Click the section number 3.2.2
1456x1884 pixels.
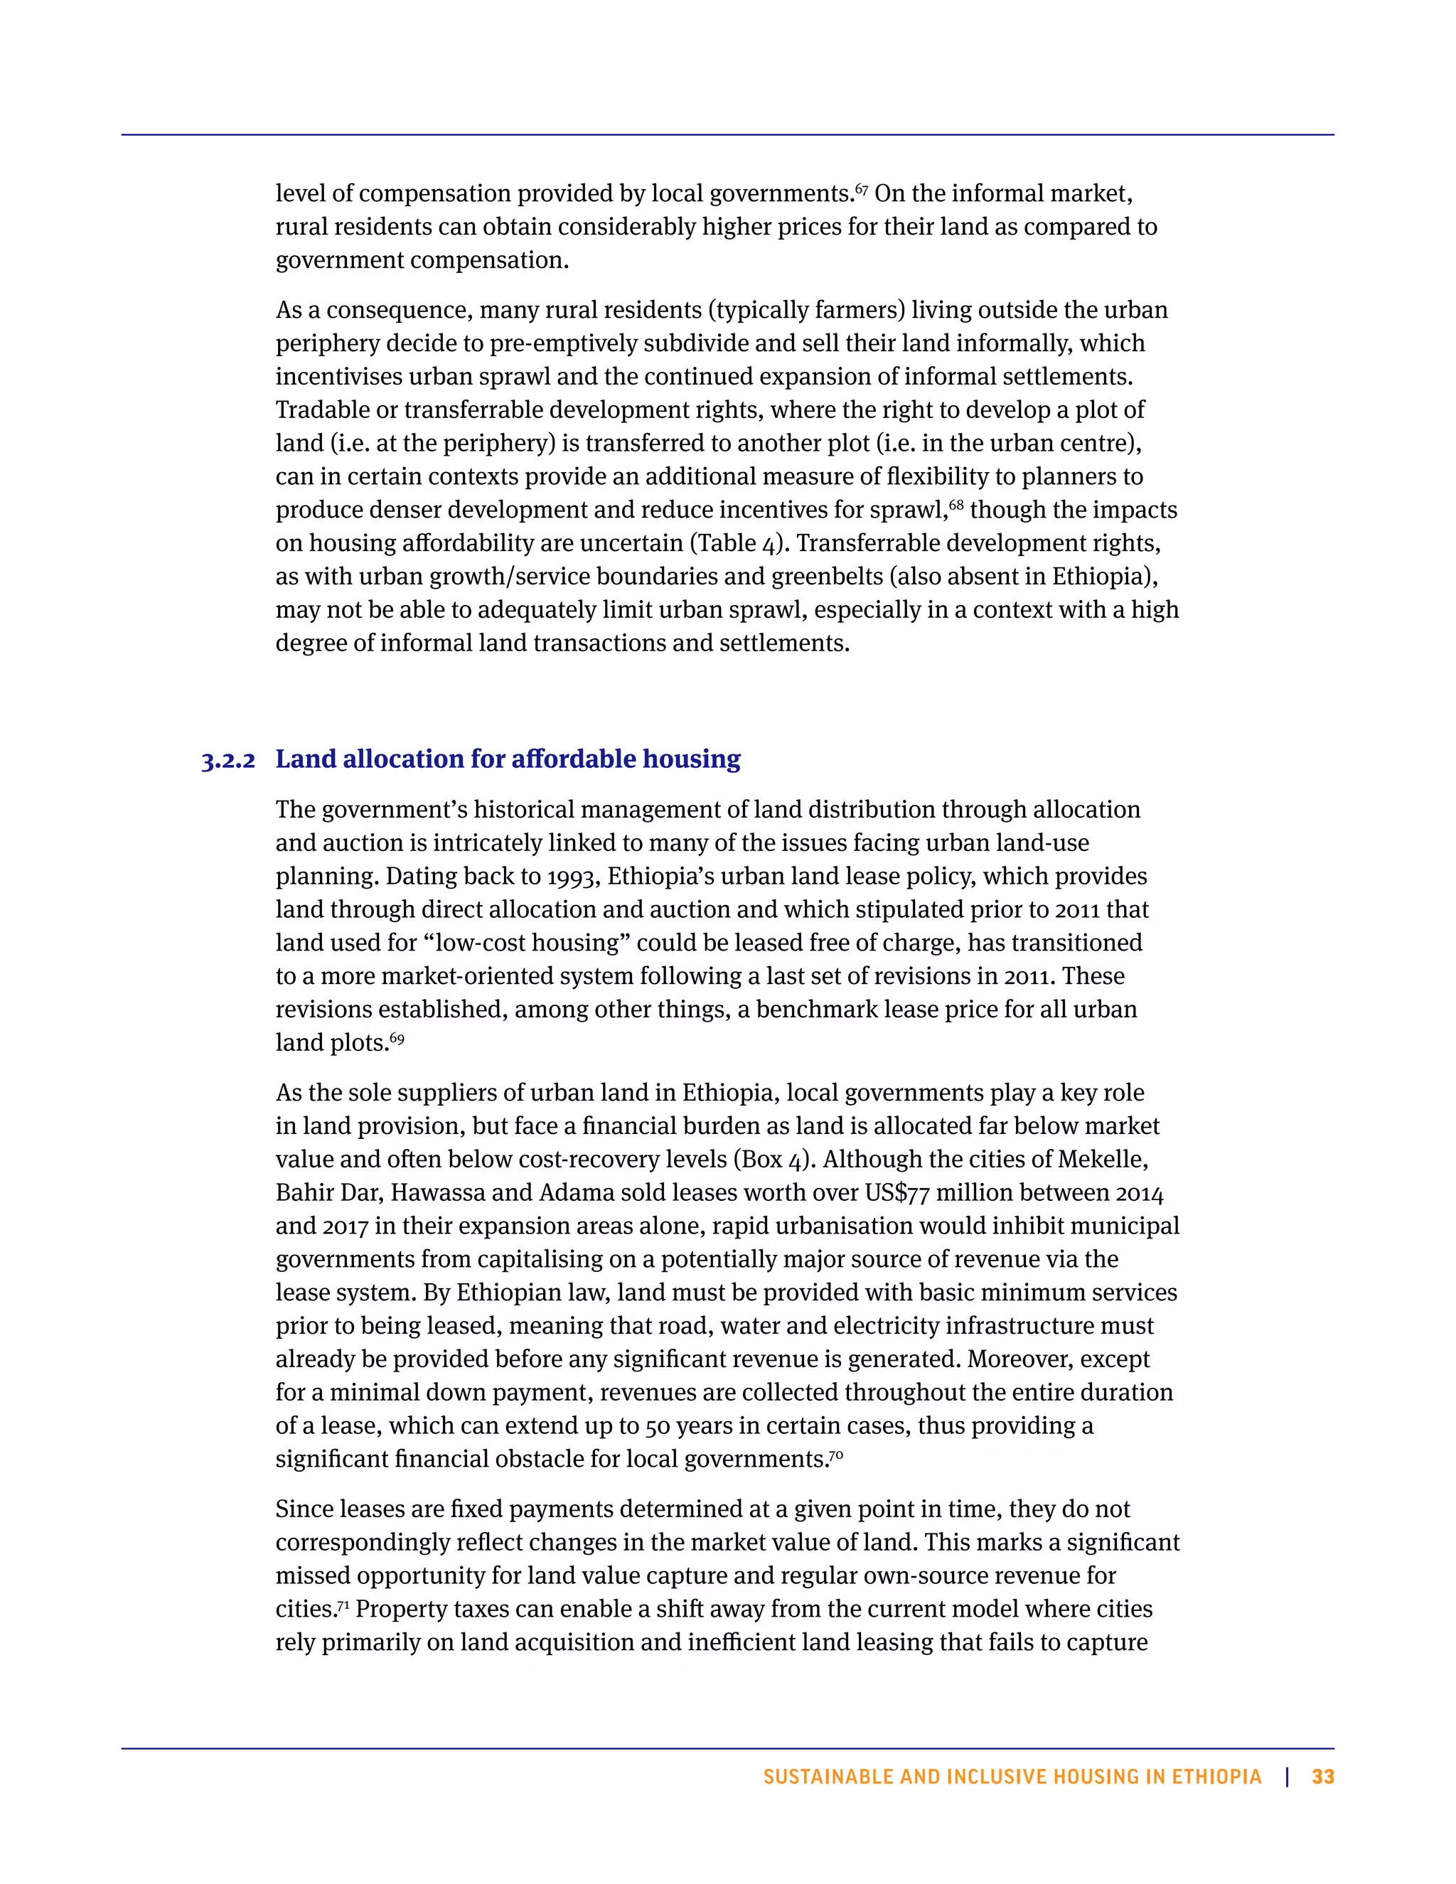pos(229,761)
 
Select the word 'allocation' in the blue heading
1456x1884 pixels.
pos(404,759)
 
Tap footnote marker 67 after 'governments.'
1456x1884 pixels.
pos(862,188)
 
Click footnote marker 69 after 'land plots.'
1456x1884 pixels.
pos(397,1038)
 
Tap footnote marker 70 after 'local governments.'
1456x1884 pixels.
pos(836,1455)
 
